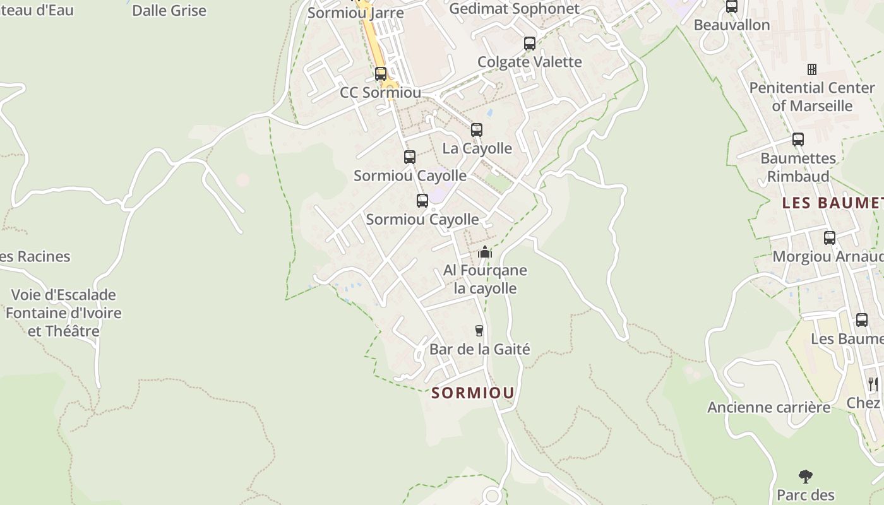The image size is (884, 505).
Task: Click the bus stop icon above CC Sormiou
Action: click(380, 74)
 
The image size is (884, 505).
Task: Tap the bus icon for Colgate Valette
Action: click(530, 44)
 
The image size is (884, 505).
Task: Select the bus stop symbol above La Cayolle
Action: click(477, 130)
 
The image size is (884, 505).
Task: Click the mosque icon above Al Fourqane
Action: click(484, 252)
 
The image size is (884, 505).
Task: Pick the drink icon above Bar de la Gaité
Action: click(479, 331)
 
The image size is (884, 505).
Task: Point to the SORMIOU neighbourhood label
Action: click(473, 393)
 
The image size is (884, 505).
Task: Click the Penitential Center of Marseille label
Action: click(812, 97)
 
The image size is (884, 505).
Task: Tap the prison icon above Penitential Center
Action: click(812, 69)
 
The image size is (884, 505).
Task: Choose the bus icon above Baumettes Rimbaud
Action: click(798, 140)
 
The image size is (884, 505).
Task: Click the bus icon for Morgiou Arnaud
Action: click(830, 238)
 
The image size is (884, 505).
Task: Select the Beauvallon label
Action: click(732, 25)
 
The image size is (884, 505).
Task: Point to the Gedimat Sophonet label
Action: click(514, 9)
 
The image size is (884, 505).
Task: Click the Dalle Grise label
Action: click(169, 11)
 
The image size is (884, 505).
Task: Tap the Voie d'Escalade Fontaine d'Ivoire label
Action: click(63, 313)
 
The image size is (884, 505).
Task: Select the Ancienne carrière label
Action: click(768, 408)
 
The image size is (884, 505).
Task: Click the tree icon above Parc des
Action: click(805, 476)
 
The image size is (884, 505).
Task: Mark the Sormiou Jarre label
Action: click(355, 13)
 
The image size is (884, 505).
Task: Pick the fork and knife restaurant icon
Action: click(873, 384)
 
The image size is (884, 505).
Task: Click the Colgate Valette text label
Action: click(530, 62)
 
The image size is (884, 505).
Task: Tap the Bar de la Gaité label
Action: click(479, 349)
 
